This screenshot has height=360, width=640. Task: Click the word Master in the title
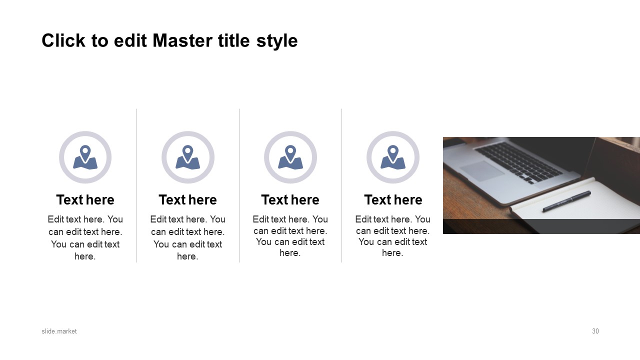(182, 40)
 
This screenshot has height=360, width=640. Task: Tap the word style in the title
(277, 41)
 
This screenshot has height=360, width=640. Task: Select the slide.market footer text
(59, 331)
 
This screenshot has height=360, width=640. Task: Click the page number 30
(595, 331)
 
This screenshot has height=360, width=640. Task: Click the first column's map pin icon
(85, 157)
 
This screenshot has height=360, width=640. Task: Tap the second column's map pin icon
(187, 157)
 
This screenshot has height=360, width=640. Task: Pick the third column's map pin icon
(290, 157)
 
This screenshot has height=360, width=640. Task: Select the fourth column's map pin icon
(393, 157)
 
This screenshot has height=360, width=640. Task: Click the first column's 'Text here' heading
(85, 199)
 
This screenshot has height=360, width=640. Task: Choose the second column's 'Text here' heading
(187, 199)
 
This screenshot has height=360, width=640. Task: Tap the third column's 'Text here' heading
(290, 199)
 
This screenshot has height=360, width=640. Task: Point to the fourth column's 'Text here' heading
(393, 199)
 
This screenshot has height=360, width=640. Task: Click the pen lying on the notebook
(566, 201)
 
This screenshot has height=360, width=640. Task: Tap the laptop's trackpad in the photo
(482, 170)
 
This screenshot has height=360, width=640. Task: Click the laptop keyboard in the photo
(518, 162)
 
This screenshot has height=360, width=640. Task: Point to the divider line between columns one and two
(137, 185)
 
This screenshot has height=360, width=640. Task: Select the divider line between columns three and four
(341, 185)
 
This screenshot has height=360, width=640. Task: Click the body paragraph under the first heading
(85, 237)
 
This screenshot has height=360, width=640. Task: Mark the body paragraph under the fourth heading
(393, 236)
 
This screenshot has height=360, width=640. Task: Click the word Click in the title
(63, 40)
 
